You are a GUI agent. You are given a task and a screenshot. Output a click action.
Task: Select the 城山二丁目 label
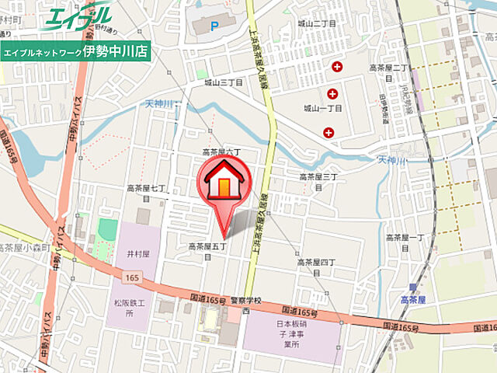pyautogui.click(x=317, y=23)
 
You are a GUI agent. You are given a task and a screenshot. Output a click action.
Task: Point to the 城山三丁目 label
pyautogui.click(x=224, y=82)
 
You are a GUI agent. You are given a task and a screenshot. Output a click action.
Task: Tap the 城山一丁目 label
pyautogui.click(x=322, y=108)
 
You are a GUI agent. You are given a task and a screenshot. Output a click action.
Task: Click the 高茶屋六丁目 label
pyautogui.click(x=223, y=152)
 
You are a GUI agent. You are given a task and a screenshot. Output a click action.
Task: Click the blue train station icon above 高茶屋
pyautogui.click(x=412, y=288)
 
